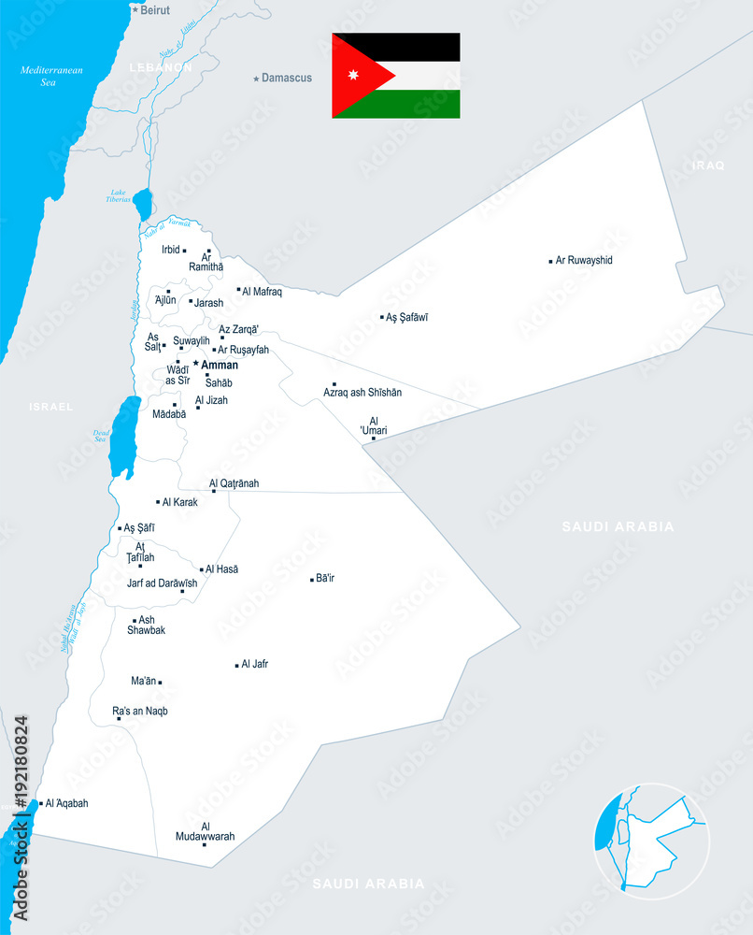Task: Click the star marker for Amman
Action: [196, 364]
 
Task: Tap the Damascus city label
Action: [287, 78]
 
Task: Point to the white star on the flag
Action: [353, 75]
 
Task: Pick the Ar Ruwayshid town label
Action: [584, 260]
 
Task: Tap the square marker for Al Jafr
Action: [236, 665]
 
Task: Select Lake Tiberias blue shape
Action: [142, 203]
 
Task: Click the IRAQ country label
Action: [707, 165]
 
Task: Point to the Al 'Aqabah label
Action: [66, 803]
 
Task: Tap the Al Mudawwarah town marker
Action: [205, 844]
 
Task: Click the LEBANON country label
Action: [161, 67]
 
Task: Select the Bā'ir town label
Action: [325, 578]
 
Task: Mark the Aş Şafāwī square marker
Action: [382, 317]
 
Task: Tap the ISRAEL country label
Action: [50, 407]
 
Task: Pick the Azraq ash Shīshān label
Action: [362, 393]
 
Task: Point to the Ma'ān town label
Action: [143, 682]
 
